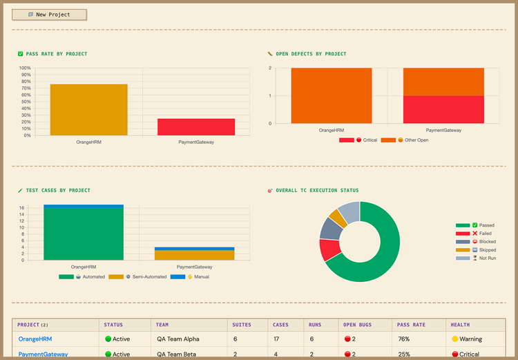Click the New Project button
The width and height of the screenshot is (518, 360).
[x=49, y=15]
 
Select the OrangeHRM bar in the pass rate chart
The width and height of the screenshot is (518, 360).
[x=88, y=110]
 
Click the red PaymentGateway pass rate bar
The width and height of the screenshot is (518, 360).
[x=196, y=127]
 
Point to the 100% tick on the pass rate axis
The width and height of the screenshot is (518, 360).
[x=25, y=68]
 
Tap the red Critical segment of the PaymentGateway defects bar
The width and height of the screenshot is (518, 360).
[x=443, y=109]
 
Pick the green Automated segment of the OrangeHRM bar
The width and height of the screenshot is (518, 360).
[x=84, y=234]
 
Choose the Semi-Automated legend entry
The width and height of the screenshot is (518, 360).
[x=140, y=276]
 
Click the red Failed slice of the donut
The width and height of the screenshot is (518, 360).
[x=327, y=249]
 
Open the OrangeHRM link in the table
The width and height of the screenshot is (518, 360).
[x=35, y=339]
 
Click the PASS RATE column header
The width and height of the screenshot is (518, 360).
[x=411, y=324]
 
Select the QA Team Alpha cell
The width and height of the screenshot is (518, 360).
[x=178, y=339]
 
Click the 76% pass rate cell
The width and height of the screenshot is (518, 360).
[x=403, y=339]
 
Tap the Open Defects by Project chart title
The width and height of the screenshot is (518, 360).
[x=311, y=54]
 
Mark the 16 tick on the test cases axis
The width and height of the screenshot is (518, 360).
[x=22, y=208]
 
